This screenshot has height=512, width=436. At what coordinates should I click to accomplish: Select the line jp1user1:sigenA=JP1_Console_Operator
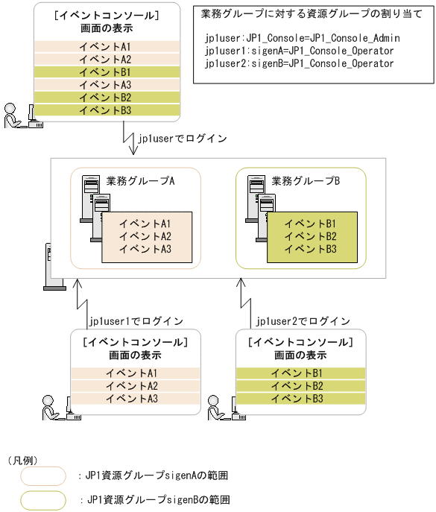click(298, 50)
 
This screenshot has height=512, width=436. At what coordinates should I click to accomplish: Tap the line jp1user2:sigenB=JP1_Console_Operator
click(298, 63)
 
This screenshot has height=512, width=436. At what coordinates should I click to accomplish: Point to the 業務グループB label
click(306, 180)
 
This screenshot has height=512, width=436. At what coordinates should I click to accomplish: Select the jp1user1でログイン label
click(136, 321)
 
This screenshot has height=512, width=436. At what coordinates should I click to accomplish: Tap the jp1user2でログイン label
click(303, 321)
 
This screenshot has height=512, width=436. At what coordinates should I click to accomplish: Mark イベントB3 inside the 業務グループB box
click(311, 249)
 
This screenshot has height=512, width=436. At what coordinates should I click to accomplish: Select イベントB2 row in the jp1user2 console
click(296, 386)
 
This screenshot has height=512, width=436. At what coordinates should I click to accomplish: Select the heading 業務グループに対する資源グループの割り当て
click(312, 14)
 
